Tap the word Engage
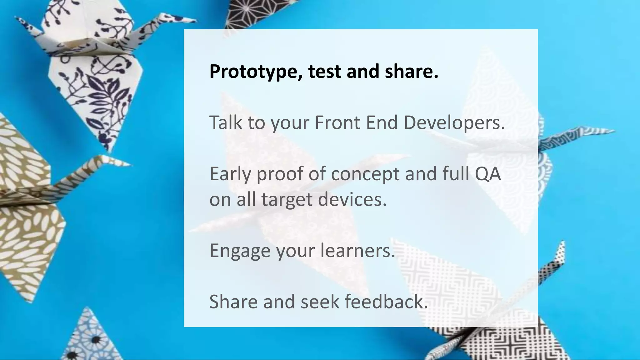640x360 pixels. coord(239,251)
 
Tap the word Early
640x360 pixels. coord(230,174)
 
